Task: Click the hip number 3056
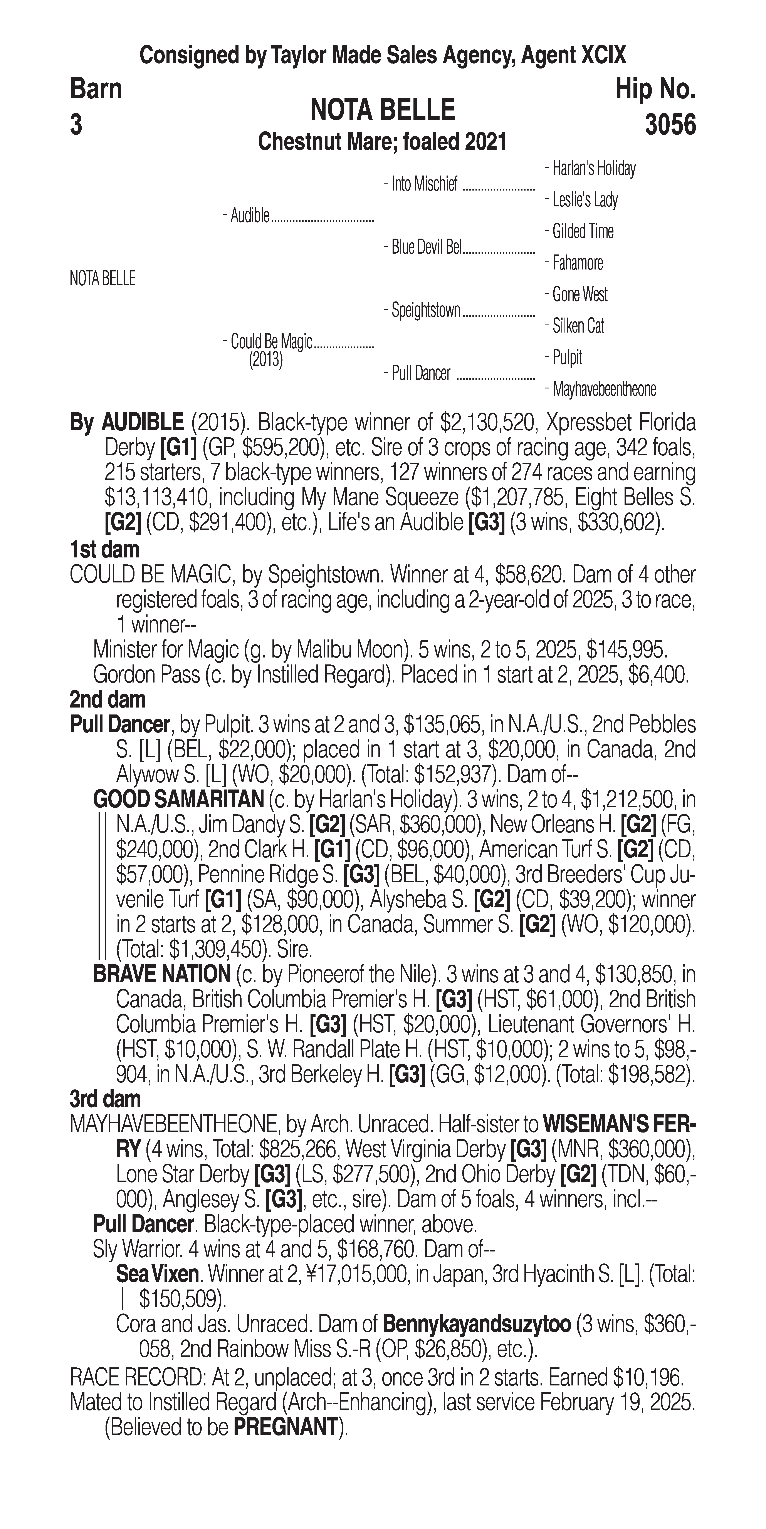tap(670, 125)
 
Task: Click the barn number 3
tap(76, 125)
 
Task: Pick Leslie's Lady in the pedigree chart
tap(585, 200)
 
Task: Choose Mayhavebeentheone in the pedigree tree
tap(604, 389)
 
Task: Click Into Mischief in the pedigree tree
tap(424, 185)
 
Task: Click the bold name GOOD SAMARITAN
tap(178, 800)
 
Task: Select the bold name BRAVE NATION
tap(161, 974)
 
